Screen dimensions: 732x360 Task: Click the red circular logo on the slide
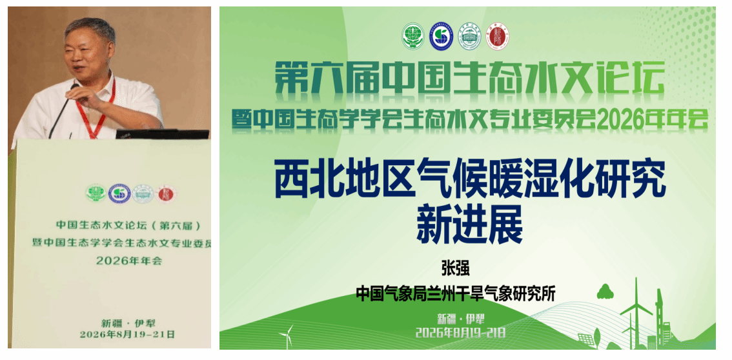[498, 37]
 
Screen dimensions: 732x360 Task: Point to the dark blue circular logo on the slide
[441, 37]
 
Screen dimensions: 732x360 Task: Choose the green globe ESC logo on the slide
[413, 36]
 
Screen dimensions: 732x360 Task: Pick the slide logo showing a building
[470, 36]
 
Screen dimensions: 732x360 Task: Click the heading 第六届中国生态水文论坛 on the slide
[469, 77]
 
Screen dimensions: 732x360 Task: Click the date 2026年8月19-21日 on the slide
[461, 332]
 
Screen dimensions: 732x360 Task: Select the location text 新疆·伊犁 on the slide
[461, 319]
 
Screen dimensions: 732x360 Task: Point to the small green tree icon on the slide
[605, 292]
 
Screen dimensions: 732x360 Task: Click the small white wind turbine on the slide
[286, 335]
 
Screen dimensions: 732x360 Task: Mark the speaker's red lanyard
[99, 112]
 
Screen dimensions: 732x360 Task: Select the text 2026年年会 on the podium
[129, 261]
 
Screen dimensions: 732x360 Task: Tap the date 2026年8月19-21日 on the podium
[127, 334]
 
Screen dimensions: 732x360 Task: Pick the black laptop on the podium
[162, 134]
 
